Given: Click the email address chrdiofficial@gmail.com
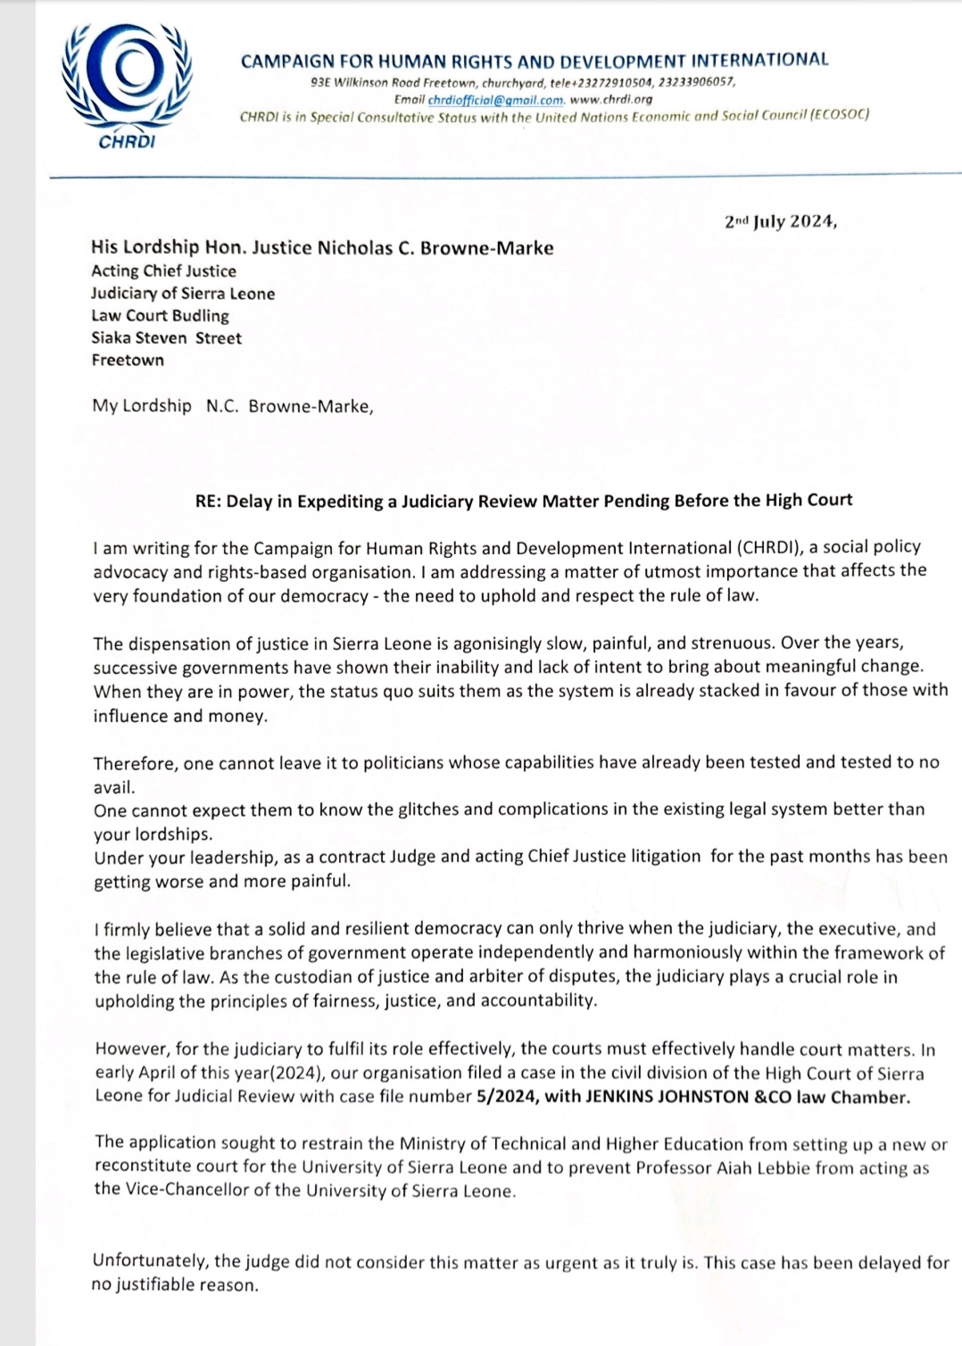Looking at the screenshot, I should point(495,100).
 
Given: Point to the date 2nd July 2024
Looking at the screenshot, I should point(780,221).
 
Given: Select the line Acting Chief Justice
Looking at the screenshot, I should point(163,270).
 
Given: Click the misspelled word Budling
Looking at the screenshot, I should point(202,315).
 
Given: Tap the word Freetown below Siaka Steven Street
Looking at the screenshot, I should point(128,360).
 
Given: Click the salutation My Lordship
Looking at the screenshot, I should point(141,406).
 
